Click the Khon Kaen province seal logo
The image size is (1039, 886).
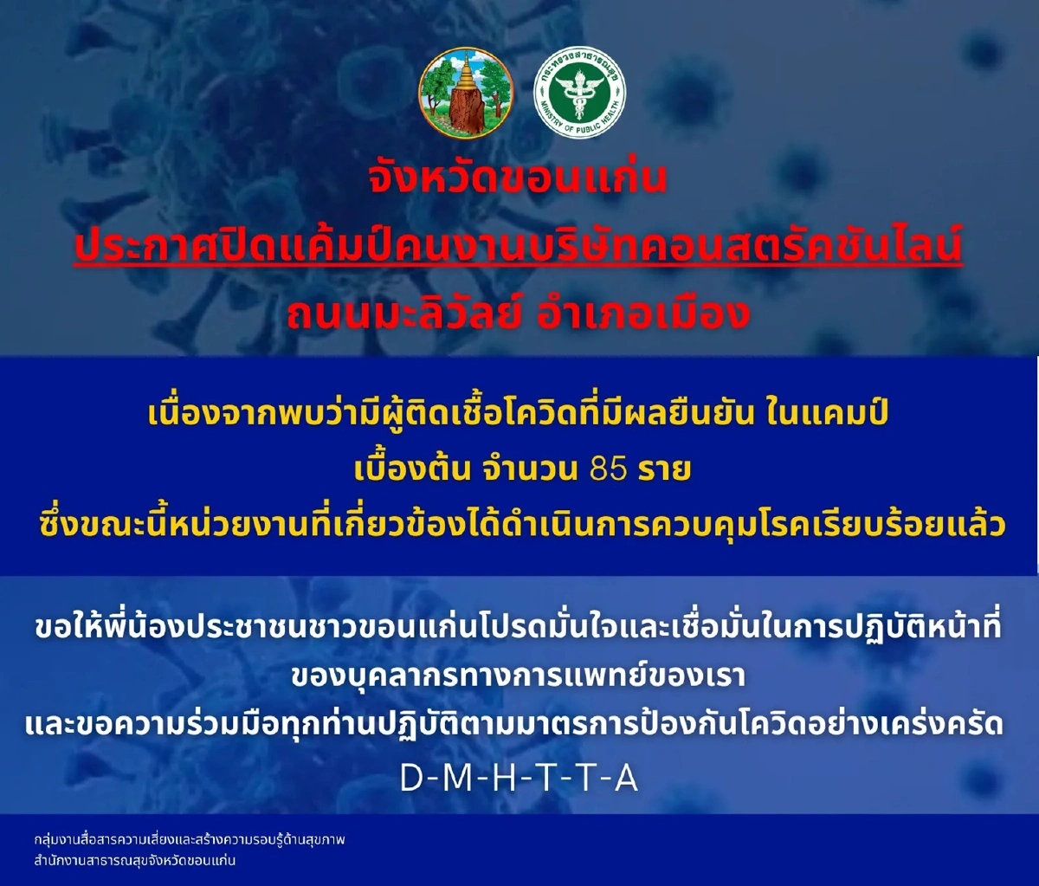pos(466,93)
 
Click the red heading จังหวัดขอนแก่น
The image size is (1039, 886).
pos(518,179)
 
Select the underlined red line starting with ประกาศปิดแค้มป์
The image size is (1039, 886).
pos(518,248)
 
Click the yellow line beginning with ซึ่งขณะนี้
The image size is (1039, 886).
pos(518,525)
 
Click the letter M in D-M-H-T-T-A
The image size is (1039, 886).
pos(455,779)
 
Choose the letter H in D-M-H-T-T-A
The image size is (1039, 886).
pos(503,779)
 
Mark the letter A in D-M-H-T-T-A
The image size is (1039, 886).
pos(625,779)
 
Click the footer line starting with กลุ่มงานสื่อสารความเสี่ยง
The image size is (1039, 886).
pos(190,840)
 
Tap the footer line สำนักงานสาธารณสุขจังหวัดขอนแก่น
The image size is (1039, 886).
pos(135,861)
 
